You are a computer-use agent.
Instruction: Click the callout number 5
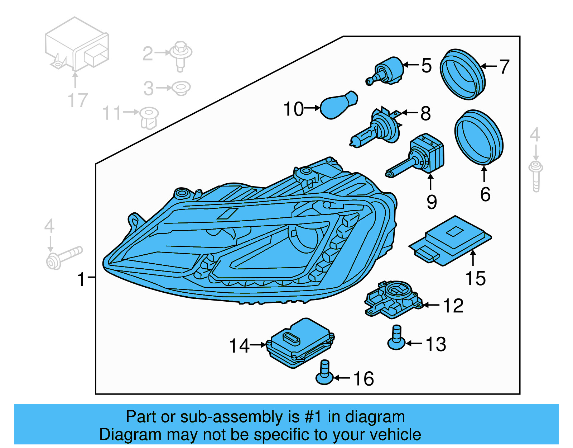[x=426, y=65]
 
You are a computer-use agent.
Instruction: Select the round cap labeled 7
[x=462, y=74]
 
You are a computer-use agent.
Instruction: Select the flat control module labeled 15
[x=451, y=240]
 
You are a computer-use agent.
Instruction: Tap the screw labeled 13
[x=396, y=338]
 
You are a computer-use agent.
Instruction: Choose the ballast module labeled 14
[x=301, y=343]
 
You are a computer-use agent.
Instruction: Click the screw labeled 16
[x=324, y=373]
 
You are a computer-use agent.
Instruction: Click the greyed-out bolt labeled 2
[x=181, y=56]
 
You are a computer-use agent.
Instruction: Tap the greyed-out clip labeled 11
[x=149, y=117]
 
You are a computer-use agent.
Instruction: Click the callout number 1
[x=82, y=279]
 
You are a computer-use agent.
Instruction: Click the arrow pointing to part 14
[x=258, y=345]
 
